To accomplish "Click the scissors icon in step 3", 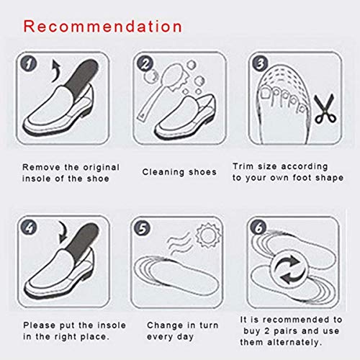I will pos(322,113).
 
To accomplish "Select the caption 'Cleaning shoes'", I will pos(179,172).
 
